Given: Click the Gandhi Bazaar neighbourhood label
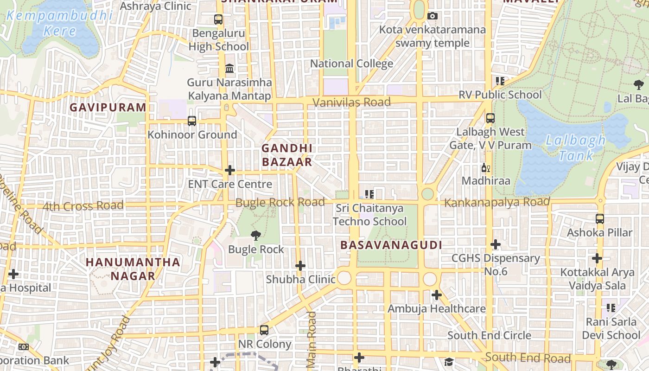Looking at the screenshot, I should (x=287, y=155).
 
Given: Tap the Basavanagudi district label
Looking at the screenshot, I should (x=391, y=245).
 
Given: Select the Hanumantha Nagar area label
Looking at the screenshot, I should (x=133, y=269).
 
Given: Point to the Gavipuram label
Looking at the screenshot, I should (x=108, y=108).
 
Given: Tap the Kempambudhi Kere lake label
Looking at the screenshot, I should (x=60, y=23).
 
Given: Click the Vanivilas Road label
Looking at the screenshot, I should (x=351, y=102).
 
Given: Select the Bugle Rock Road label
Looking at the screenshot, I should (x=280, y=203).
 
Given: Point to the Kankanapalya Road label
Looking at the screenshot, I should (x=497, y=202).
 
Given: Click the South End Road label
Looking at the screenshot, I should (x=528, y=358).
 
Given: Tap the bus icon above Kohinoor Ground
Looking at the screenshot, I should (x=191, y=121).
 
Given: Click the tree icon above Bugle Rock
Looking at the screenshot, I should (x=255, y=236).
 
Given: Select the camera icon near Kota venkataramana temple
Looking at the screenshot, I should (x=432, y=16).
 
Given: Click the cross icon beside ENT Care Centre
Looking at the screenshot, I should (x=230, y=170).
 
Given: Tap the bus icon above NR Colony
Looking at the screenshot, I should (x=264, y=330).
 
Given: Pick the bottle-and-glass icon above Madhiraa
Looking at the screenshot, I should (x=485, y=168).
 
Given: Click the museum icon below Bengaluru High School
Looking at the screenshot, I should (x=229, y=69).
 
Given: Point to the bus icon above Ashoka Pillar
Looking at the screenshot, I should (x=599, y=218).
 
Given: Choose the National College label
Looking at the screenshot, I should (x=351, y=64).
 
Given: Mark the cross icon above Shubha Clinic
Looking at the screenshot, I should (x=300, y=266).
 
